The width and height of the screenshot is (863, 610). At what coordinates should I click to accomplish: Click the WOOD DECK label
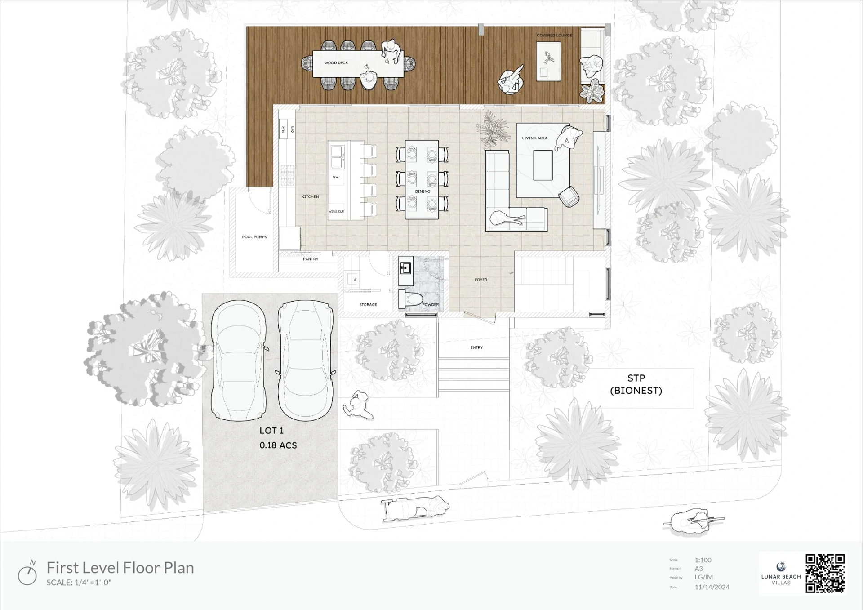pos(336,63)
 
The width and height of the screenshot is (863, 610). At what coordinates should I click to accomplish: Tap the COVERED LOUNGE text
pos(554,35)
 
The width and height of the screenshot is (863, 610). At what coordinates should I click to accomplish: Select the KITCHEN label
pos(310,196)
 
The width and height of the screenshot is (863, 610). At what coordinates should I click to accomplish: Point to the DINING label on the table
pos(422,191)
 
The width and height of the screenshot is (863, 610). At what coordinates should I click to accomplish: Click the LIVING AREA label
pos(534,138)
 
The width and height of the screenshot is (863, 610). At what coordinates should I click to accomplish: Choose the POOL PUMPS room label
pos(254,237)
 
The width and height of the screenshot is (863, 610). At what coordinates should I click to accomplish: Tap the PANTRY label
pos(310,259)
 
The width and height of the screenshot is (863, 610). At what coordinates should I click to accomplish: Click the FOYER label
pos(480,280)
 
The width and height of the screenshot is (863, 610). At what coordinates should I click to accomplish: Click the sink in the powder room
pos(405,269)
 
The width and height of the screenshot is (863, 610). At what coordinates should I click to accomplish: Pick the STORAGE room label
pos(368,304)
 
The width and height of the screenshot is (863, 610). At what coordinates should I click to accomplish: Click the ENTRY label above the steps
pos(476,347)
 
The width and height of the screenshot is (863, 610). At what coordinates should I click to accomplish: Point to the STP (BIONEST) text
pos(636,384)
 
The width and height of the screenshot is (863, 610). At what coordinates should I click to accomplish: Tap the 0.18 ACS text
pos(278,445)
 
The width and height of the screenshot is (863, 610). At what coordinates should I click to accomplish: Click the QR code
pos(825,573)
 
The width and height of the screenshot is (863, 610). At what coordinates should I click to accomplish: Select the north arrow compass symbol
pos(27,573)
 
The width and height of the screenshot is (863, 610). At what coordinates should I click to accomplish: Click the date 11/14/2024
pos(712,587)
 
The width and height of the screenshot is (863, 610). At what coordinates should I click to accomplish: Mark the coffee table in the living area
pos(543,165)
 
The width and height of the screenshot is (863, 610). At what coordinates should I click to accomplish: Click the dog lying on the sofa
pos(506,219)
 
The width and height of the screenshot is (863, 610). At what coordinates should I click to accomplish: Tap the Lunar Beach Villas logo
pos(781,574)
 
